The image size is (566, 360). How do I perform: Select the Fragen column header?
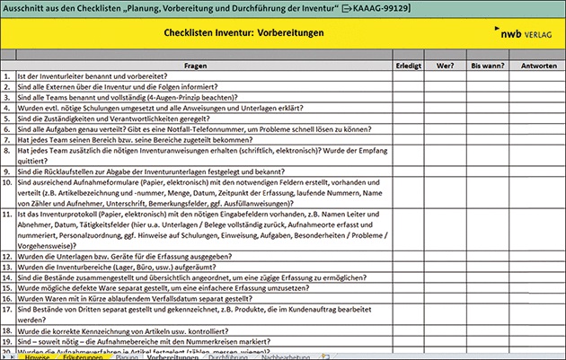coord(196,66)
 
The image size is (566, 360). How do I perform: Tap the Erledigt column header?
coord(410,66)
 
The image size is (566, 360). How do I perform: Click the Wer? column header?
coord(445,66)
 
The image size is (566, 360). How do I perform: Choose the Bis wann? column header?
coord(486,66)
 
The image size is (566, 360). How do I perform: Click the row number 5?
coord(7,118)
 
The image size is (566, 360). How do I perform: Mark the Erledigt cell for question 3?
coord(410,97)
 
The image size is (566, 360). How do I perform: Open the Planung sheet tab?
coord(126,356)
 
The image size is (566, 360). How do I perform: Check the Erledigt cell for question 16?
coord(410,298)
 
